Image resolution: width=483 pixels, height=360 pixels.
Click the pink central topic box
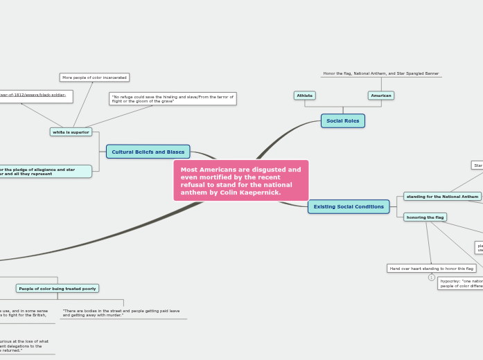(x=240, y=180)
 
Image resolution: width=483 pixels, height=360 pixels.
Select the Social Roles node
(x=342, y=120)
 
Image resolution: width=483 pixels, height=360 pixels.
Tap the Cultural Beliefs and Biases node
(x=148, y=152)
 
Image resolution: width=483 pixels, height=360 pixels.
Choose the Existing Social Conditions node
(x=348, y=206)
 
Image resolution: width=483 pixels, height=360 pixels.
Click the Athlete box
(x=304, y=96)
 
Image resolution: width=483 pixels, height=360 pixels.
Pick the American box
(x=380, y=96)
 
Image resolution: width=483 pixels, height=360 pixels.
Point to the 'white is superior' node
(x=71, y=132)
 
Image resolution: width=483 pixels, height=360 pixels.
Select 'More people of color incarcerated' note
(x=94, y=78)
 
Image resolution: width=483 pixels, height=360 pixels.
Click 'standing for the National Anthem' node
(x=442, y=197)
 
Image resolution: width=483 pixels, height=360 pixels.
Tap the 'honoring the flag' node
(x=425, y=217)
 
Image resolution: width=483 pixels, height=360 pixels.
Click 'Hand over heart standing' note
(x=431, y=268)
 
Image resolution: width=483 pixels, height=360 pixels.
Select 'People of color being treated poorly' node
(x=57, y=288)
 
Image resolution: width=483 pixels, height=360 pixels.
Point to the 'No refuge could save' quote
(x=173, y=99)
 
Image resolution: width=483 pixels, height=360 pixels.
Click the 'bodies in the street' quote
(x=121, y=313)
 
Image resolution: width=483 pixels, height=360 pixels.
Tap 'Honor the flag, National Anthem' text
(x=380, y=73)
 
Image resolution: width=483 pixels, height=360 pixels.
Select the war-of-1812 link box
(x=35, y=96)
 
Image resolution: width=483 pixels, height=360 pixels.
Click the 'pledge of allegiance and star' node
(x=44, y=171)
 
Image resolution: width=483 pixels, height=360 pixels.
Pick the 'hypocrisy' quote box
(x=460, y=283)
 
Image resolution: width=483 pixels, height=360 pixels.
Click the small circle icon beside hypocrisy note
(x=431, y=278)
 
